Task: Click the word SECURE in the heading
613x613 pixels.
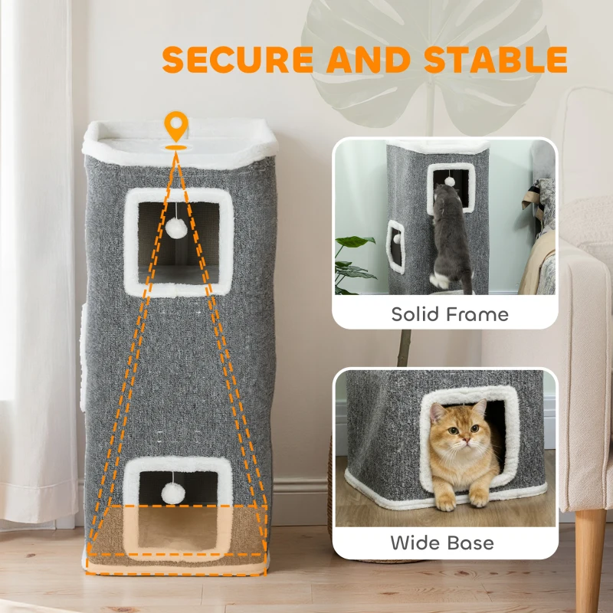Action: (x=238, y=60)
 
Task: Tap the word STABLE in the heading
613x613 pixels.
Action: (x=496, y=60)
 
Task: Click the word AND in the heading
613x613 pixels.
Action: (x=369, y=60)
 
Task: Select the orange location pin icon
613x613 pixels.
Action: (x=176, y=126)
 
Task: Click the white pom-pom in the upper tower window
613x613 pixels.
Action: (x=176, y=228)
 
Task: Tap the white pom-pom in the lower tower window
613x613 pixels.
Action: (x=173, y=493)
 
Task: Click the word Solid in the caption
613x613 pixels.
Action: (x=415, y=314)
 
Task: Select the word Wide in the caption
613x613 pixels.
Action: (x=415, y=543)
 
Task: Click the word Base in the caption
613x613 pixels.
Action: (x=470, y=543)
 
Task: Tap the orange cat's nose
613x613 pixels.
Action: (x=465, y=441)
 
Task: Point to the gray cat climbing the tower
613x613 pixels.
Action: (x=451, y=238)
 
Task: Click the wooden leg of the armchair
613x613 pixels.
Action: (x=589, y=559)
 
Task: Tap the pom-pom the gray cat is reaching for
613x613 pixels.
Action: (x=450, y=182)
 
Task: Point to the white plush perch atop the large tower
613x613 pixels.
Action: (x=180, y=143)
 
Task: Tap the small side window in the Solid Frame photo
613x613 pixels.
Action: (x=395, y=247)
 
